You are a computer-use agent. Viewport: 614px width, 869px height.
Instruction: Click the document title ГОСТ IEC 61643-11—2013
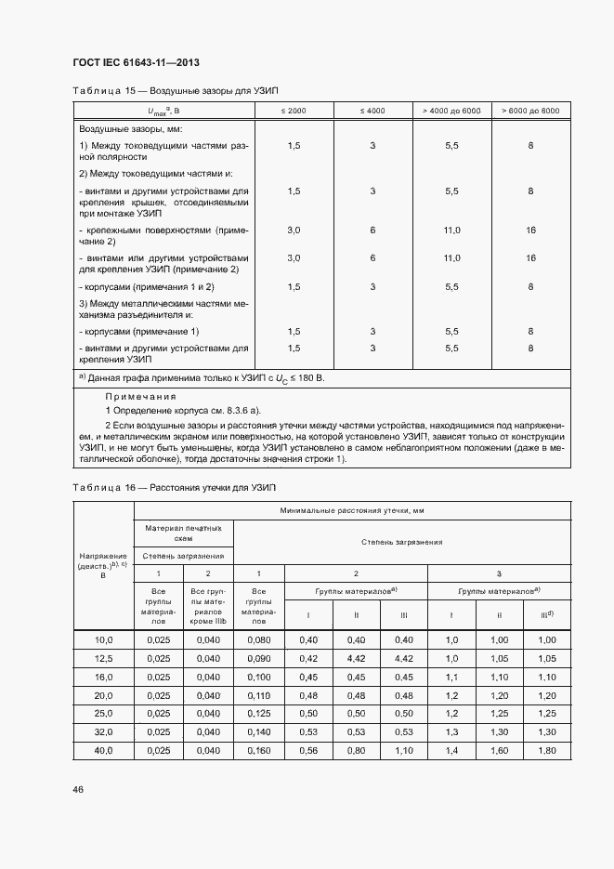pos(134,61)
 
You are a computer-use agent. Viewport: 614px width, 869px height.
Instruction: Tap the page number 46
pos(78,789)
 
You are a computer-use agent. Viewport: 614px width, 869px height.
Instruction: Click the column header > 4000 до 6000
pos(451,111)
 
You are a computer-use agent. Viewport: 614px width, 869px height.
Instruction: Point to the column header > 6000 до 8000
pos(530,111)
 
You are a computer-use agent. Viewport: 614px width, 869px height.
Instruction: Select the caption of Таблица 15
pos(176,89)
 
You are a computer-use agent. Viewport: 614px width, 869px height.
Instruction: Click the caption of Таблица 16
pos(175,487)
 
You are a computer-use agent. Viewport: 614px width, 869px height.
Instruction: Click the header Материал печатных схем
pos(183,532)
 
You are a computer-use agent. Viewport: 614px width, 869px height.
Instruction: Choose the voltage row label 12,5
pos(103,658)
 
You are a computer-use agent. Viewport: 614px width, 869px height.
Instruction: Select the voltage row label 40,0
pos(103,750)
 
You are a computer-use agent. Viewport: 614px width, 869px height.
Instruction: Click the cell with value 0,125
pos(263,714)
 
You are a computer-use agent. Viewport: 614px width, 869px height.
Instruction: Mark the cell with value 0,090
pos(263,658)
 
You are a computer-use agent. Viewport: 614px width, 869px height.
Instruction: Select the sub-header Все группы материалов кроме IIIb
pos(208,607)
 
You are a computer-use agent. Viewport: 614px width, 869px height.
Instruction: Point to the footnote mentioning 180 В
pos(202,378)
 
